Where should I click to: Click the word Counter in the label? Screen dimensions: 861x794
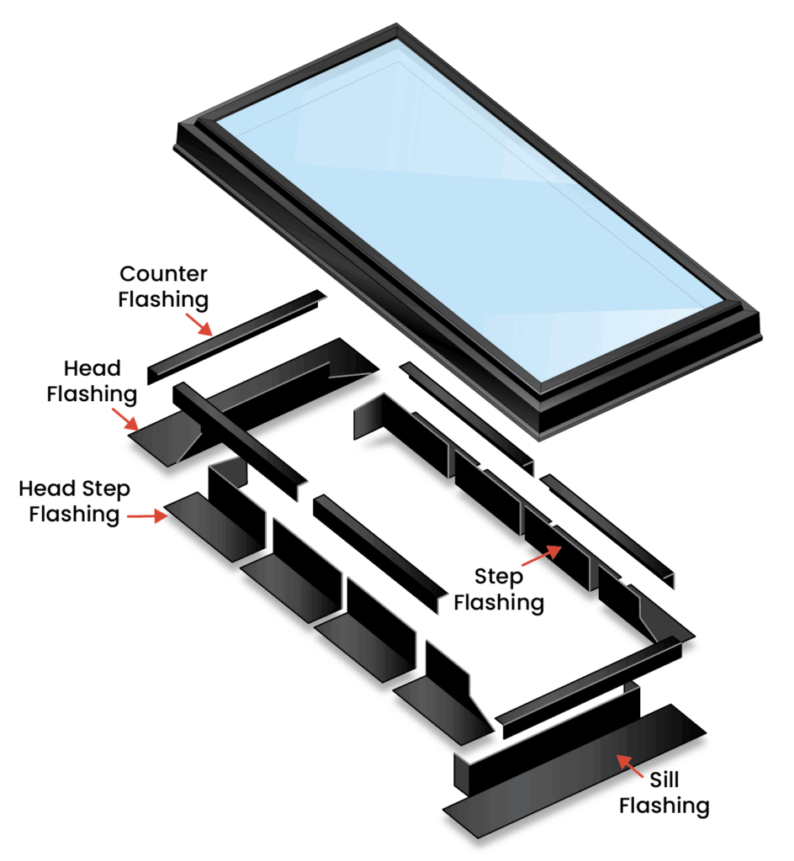pos(163,274)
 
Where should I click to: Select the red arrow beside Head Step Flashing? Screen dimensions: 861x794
pos(148,517)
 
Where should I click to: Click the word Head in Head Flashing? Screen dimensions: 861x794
pos(92,368)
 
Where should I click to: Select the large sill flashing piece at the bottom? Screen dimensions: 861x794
pos(572,774)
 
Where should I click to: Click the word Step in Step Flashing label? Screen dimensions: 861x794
pos(498,578)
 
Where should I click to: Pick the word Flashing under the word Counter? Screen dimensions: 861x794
pos(163,298)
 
